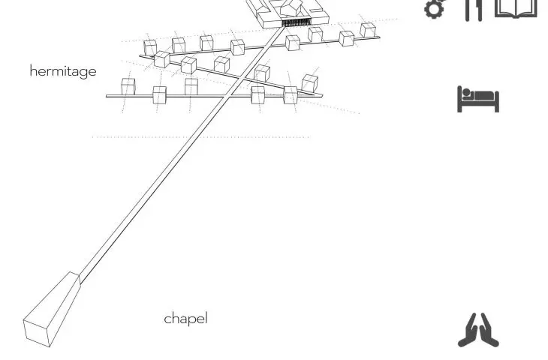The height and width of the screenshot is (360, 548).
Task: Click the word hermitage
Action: coord(63,71)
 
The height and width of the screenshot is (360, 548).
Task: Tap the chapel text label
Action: coord(185,319)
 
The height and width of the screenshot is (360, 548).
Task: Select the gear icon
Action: coord(435,8)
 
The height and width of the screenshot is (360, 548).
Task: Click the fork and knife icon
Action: coord(474,10)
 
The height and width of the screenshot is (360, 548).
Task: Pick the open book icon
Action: coord(516,9)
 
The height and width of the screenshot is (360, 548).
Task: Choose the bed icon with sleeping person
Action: coord(478,99)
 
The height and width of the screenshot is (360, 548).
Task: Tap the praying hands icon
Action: coord(478,330)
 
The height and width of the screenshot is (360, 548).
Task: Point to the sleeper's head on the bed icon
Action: coord(466,92)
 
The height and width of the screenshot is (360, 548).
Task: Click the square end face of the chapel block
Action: coord(37,332)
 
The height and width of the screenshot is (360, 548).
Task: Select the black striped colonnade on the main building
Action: coord(297,22)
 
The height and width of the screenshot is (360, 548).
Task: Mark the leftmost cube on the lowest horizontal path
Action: coord(128,86)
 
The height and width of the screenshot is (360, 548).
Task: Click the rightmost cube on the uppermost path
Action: coord(368,30)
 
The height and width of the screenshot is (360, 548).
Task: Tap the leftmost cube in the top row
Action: coord(150,47)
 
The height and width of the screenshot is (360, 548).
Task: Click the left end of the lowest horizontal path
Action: coord(107,96)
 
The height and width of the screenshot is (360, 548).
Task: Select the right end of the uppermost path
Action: coord(380,37)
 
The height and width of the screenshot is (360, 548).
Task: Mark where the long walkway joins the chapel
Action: coord(80,279)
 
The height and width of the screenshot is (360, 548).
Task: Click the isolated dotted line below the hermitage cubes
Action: coord(200,137)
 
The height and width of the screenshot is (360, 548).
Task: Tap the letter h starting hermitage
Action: coord(33,70)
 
